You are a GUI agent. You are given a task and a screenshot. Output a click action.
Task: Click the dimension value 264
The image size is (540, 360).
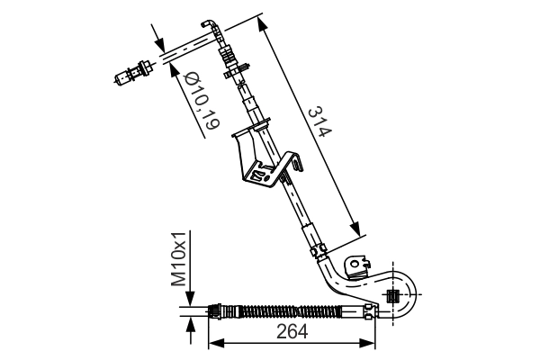pyautogui.click(x=292, y=331)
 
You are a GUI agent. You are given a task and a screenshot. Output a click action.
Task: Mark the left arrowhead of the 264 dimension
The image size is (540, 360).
pyautogui.click(x=214, y=343)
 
